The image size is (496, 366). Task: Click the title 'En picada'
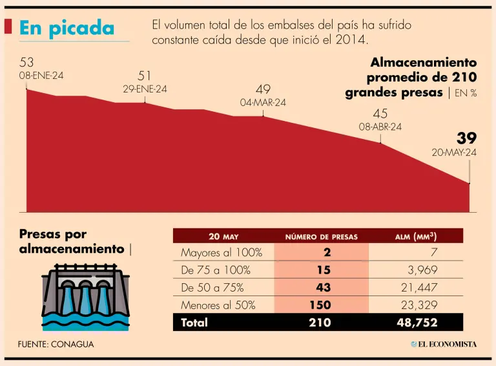click(67, 27)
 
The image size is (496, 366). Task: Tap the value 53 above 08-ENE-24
click(26, 63)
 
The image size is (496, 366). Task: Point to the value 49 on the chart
click(263, 89)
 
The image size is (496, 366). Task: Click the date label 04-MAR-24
click(263, 102)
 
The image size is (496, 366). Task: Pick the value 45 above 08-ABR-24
click(380, 114)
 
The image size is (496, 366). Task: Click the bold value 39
click(466, 138)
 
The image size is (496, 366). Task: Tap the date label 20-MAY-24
click(454, 153)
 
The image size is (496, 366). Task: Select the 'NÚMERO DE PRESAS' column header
click(321, 237)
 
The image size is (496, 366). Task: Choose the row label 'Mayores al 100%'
click(222, 252)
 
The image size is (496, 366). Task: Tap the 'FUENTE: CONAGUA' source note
click(56, 344)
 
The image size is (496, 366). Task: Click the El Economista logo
click(444, 344)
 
